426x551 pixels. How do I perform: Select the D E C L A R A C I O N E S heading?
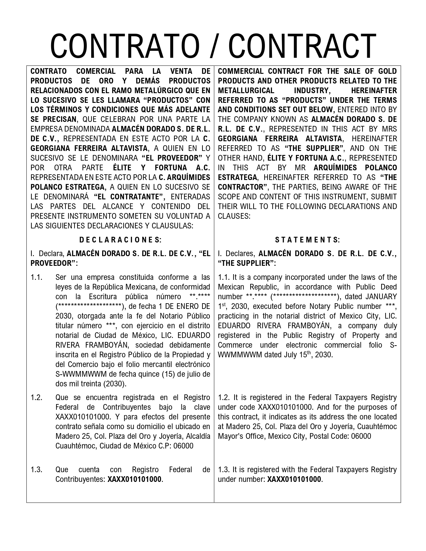120,240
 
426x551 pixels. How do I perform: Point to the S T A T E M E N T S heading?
307,240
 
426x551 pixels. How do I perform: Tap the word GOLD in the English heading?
388,71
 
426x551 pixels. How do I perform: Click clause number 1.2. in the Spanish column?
36,397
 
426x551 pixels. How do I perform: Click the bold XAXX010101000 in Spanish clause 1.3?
134,479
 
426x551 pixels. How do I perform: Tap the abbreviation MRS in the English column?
389,129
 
